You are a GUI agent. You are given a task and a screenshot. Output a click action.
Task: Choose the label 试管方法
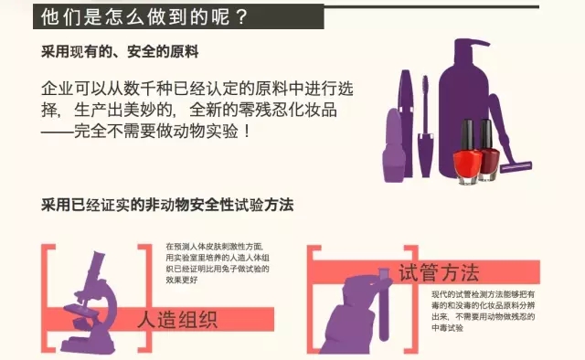tap(439, 272)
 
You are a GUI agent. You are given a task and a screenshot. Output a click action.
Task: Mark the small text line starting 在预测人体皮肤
tap(213, 247)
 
